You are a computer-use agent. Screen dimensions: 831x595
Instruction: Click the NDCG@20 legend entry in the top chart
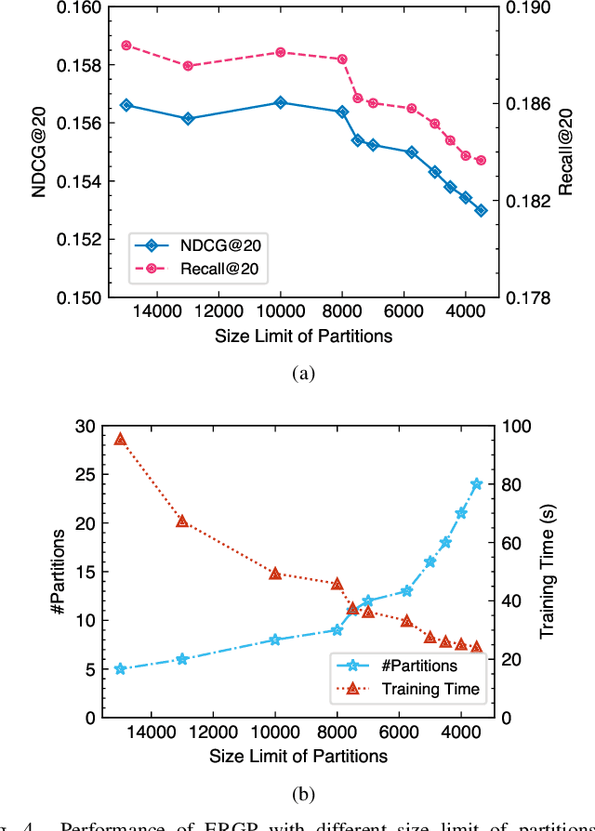202,246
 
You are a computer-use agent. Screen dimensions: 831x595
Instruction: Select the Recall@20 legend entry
202,270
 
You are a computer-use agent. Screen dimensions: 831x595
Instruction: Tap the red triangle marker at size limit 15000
120,439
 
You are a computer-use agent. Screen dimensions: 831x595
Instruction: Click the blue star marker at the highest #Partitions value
477,483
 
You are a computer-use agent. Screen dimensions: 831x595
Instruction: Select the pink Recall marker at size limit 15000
126,45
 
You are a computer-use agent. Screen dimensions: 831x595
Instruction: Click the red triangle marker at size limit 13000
182,521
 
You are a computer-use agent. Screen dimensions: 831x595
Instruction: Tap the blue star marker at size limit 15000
120,669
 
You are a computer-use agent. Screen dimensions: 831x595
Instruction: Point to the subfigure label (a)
304,374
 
